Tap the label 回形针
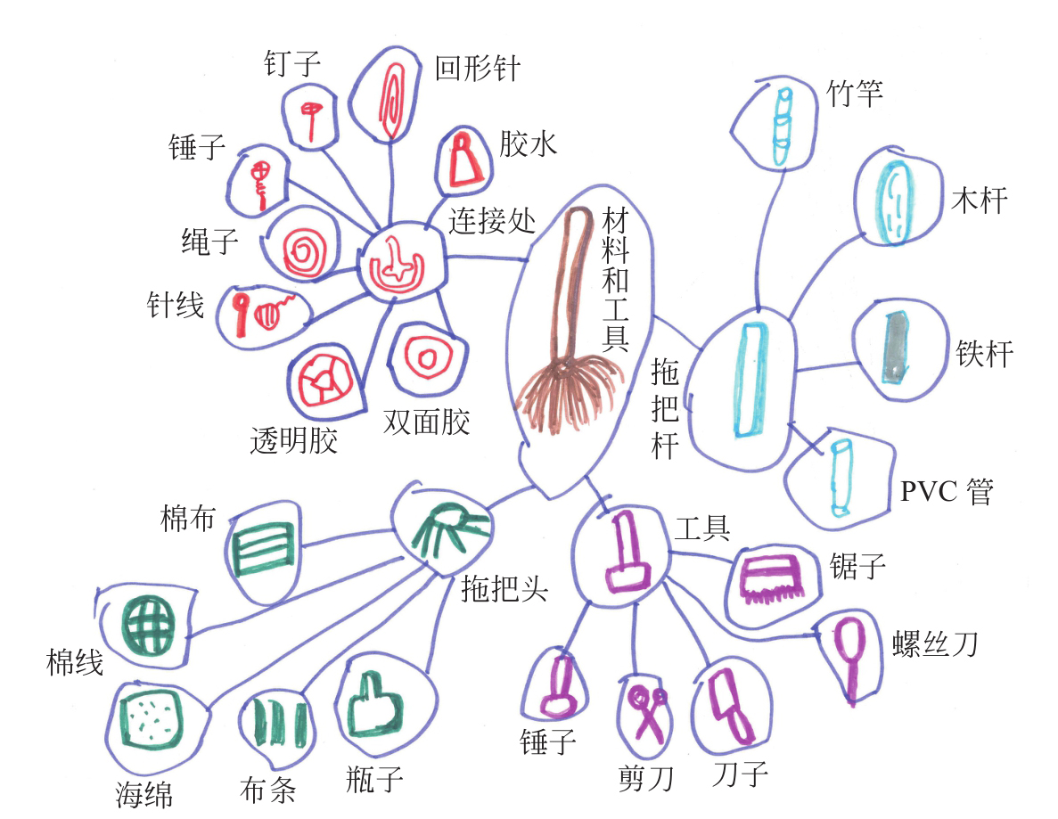click(x=477, y=69)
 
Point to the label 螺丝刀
click(x=934, y=643)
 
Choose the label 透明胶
click(x=294, y=439)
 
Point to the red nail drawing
click(x=310, y=119)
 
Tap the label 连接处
click(x=492, y=220)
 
